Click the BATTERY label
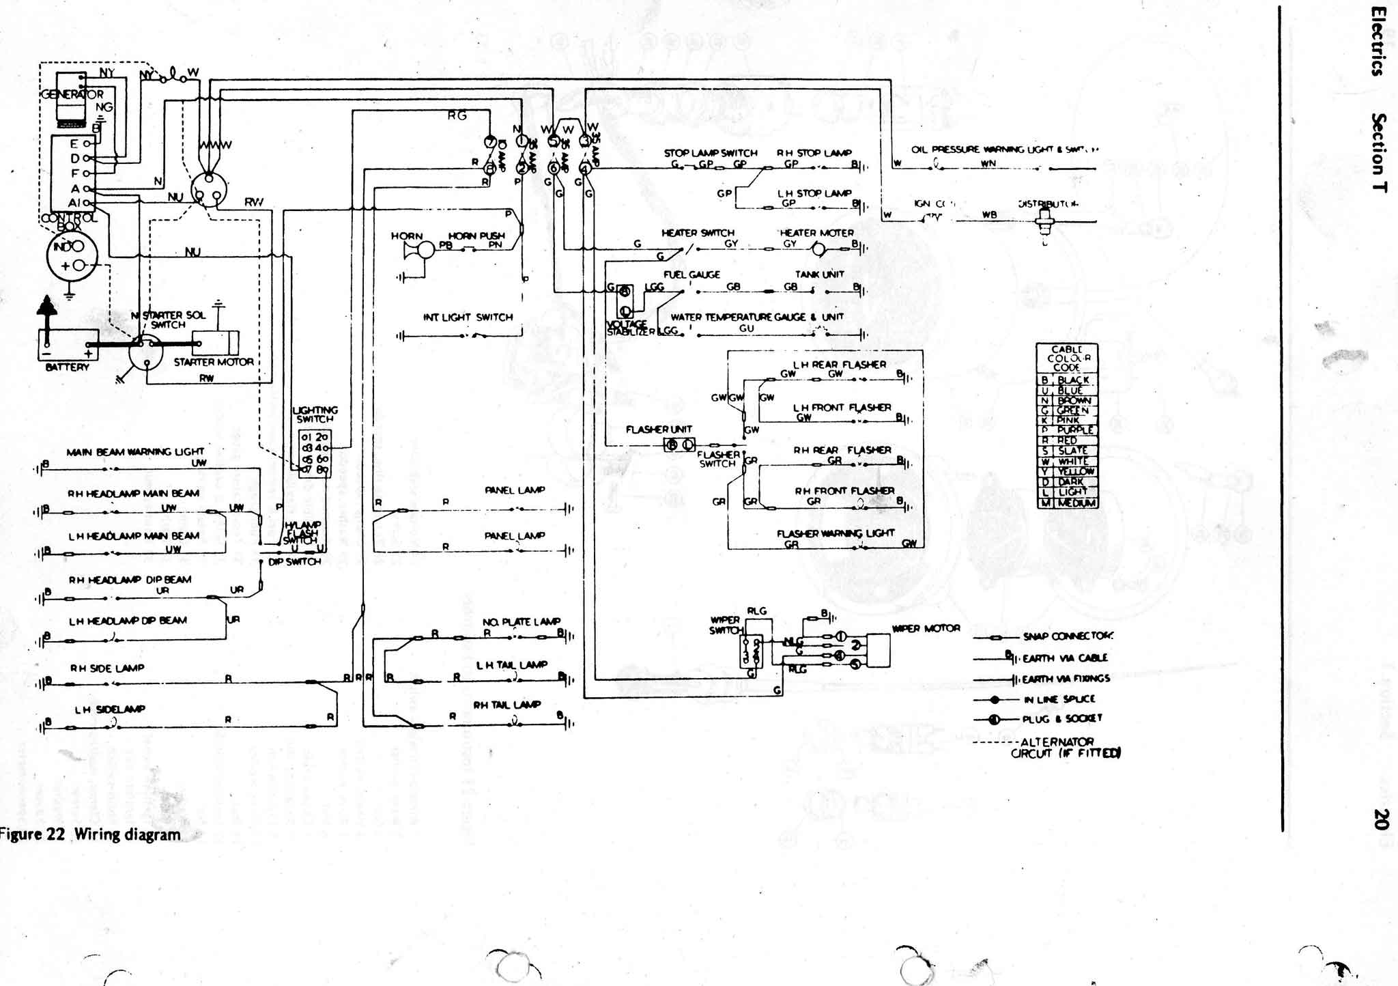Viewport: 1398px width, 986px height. [x=67, y=367]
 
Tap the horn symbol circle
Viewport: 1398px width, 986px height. [x=426, y=251]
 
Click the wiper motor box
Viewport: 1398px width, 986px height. [x=879, y=650]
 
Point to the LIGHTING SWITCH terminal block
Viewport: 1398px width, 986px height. [x=315, y=453]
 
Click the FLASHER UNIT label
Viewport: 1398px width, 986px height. [x=659, y=429]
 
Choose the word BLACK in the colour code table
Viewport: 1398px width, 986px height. [x=1073, y=380]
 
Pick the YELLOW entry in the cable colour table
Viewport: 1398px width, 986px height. [x=1076, y=471]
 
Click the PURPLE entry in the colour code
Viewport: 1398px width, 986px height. [x=1076, y=430]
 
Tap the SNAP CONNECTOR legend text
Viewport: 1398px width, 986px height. [x=1068, y=636]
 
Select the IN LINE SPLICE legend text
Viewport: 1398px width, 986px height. [x=1059, y=699]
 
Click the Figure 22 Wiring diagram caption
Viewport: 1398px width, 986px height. [x=91, y=834]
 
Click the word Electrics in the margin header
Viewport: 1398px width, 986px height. [x=1379, y=41]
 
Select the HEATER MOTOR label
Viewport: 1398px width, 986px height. [x=816, y=233]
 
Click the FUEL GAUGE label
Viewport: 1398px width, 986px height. [x=691, y=274]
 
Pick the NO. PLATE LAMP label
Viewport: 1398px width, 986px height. [x=521, y=622]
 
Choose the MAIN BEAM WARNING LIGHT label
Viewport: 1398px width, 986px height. [x=135, y=451]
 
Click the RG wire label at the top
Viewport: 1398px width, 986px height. [x=457, y=115]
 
